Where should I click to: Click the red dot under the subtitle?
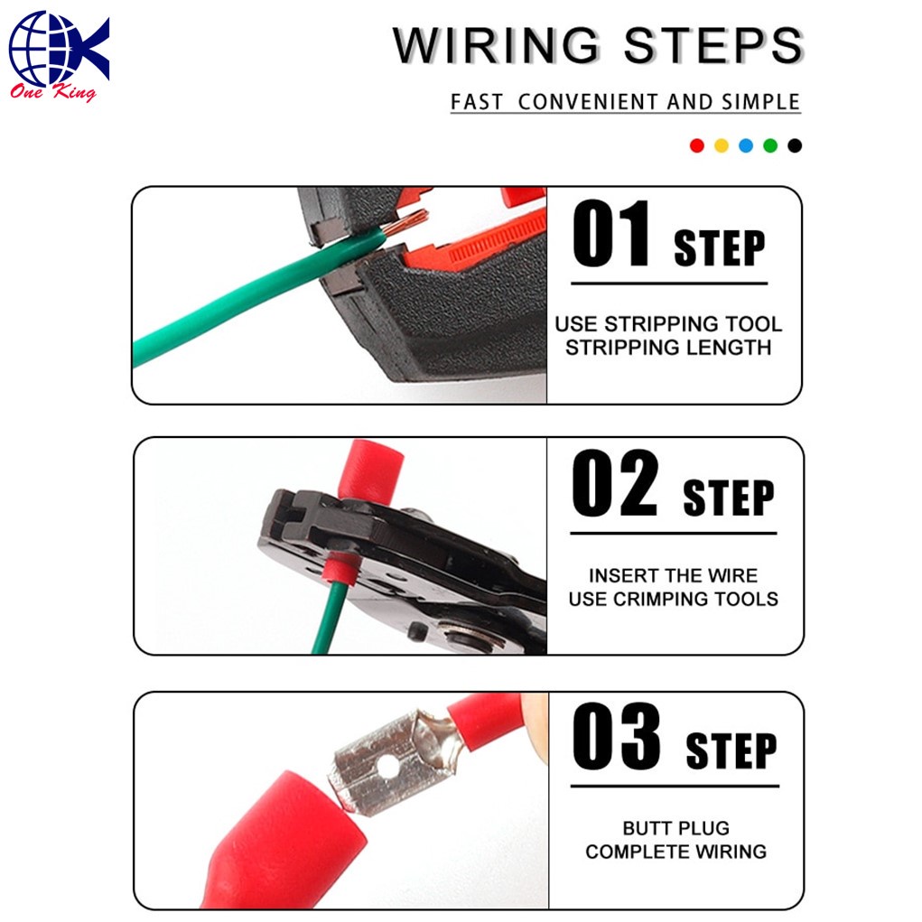(697, 145)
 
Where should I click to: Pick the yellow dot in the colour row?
(722, 145)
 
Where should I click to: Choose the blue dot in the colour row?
(746, 145)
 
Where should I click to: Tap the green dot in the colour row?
(770, 145)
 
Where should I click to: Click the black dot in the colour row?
(795, 145)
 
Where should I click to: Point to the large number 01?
(611, 233)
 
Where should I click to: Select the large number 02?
(614, 483)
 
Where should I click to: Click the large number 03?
(616, 736)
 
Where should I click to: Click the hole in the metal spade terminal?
(387, 766)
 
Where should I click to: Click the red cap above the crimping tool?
(370, 472)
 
